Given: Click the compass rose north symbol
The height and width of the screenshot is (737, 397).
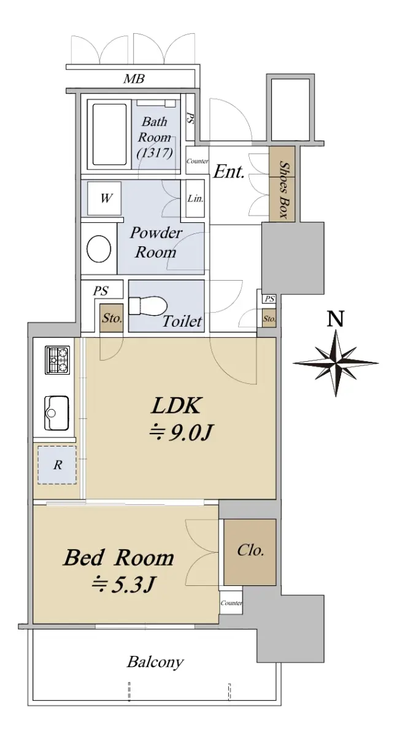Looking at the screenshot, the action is (x=335, y=363).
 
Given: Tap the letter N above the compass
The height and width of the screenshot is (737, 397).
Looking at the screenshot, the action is (x=335, y=318).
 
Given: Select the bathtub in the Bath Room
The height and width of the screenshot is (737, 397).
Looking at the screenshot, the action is (x=109, y=135).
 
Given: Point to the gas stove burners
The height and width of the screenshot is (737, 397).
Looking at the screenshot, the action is (x=57, y=360).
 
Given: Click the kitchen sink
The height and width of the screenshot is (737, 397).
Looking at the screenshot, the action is (x=57, y=413).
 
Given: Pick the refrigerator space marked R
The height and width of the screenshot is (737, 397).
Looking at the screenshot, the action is (x=57, y=464).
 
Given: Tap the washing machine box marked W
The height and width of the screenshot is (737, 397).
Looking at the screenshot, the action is (x=106, y=198).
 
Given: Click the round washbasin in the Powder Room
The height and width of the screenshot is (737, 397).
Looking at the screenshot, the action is (x=99, y=249).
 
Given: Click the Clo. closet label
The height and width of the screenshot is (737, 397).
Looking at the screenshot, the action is (x=250, y=550).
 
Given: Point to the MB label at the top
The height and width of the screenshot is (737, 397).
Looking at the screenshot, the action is (x=134, y=79).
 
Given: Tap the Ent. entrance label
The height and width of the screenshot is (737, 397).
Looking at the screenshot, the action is (x=229, y=171).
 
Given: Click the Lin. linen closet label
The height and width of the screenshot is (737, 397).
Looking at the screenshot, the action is (x=195, y=198).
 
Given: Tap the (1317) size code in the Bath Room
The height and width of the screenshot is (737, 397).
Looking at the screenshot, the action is (x=155, y=152).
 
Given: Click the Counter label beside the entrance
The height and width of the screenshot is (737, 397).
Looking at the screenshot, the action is (x=197, y=161).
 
